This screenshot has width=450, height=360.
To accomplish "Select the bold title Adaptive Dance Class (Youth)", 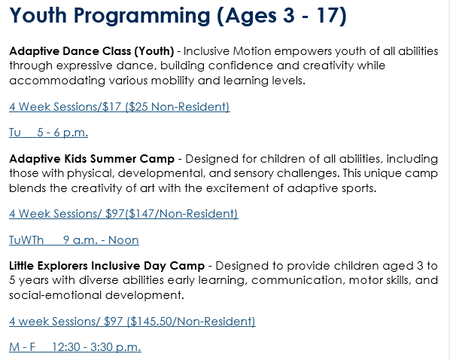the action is [x=92, y=51].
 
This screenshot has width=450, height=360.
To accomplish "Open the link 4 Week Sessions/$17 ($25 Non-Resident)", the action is [x=120, y=107].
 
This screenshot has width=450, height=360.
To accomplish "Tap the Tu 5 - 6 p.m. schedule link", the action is [x=48, y=133].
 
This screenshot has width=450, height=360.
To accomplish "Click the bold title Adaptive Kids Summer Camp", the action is [x=92, y=159].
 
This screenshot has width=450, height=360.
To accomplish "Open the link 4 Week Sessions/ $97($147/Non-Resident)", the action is [x=123, y=214].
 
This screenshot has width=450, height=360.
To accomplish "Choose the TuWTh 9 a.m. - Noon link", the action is [x=74, y=240].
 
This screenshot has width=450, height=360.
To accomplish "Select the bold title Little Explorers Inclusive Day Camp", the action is [x=107, y=266].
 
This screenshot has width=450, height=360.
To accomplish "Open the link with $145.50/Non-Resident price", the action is [x=132, y=322].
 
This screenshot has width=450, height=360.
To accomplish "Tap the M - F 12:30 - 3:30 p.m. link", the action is [x=75, y=347].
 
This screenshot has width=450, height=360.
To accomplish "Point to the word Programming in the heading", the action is [x=142, y=17].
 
